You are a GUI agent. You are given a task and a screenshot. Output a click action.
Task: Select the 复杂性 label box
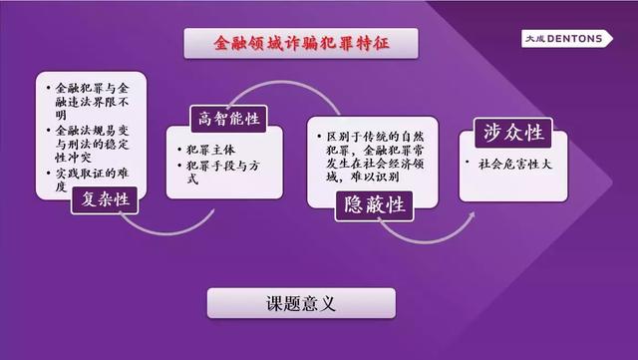pyautogui.click(x=107, y=200)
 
